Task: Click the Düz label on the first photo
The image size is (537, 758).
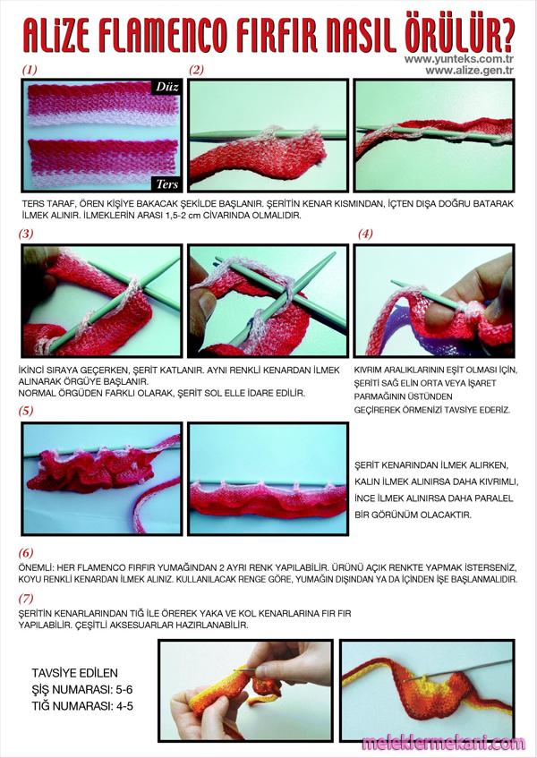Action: [167, 87]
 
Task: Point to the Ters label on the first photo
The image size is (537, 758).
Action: [167, 183]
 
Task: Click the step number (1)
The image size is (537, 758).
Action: [30, 70]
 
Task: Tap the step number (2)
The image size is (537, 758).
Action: [196, 70]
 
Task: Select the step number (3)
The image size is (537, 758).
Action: [26, 234]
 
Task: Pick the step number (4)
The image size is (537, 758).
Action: [365, 234]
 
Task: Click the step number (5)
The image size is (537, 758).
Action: [26, 411]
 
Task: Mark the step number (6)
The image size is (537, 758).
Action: [26, 552]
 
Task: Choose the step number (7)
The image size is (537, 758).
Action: [26, 599]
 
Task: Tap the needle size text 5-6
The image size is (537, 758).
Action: [124, 689]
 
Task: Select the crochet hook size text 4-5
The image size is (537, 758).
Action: [124, 706]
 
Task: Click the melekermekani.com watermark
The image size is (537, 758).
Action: [443, 743]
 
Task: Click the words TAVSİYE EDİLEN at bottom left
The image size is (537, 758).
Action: [75, 673]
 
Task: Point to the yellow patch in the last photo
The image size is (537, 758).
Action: [420, 681]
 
